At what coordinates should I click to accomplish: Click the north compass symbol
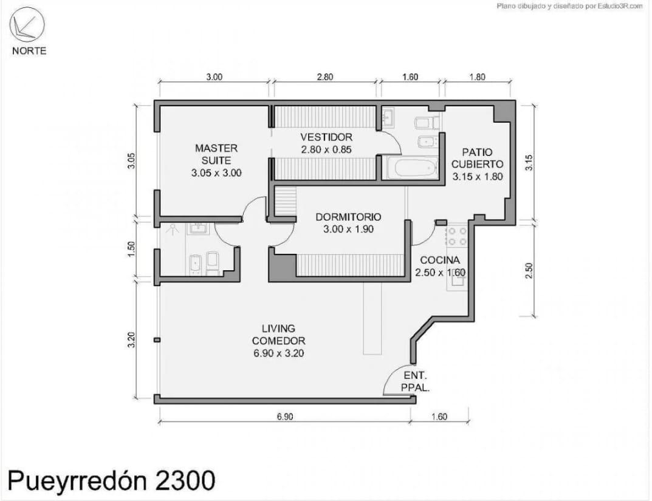click(27, 24)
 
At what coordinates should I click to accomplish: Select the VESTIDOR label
click(326, 137)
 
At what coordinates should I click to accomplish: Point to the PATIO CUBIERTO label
click(478, 158)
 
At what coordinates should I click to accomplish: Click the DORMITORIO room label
click(348, 217)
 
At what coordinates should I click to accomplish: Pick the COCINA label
click(440, 260)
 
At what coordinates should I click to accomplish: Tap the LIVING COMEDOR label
click(278, 335)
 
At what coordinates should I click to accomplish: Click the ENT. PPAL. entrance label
click(416, 381)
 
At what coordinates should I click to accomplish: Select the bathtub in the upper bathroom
click(412, 168)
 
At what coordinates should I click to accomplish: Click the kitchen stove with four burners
click(457, 237)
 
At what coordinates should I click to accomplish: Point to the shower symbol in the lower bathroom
click(172, 230)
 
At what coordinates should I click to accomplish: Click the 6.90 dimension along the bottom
click(285, 416)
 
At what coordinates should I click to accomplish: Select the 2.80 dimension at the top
click(324, 77)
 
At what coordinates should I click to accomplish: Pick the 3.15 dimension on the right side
click(529, 162)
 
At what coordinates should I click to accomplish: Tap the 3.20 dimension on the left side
click(131, 340)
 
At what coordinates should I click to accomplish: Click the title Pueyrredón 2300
click(111, 480)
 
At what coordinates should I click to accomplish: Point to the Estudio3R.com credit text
click(620, 6)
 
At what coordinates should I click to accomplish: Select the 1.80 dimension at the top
click(478, 77)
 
